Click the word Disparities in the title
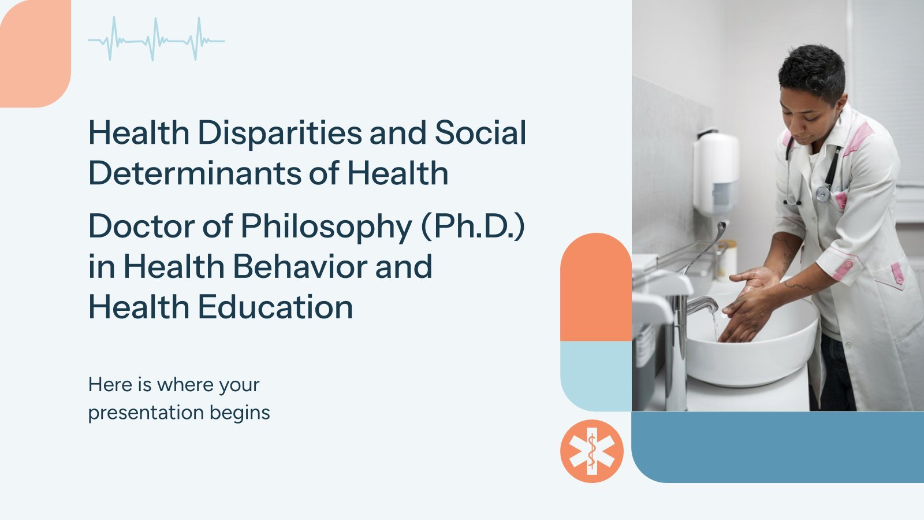pos(280,133)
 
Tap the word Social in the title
pos(480,133)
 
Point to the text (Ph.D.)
pos(473,226)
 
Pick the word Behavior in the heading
pos(300,266)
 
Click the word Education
pos(275,307)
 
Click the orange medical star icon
pos(592,451)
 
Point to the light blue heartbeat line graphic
pos(157,39)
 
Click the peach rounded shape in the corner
pos(35,54)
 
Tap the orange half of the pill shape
pos(595,287)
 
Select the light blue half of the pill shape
pos(595,376)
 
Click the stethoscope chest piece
pos(824,194)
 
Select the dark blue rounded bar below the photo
pos(777,447)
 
